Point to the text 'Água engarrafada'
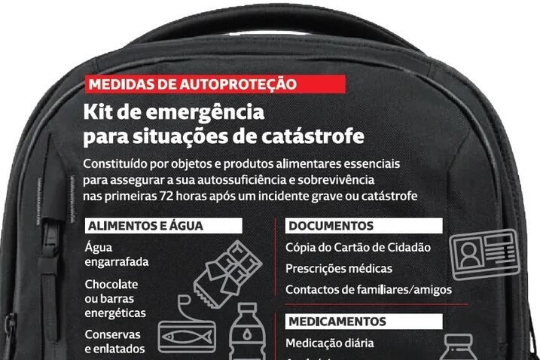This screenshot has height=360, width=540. [116, 255]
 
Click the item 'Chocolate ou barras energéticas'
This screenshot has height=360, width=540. [115, 298]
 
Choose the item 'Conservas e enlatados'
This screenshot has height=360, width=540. [115, 341]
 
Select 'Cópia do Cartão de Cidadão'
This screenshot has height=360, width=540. [357, 247]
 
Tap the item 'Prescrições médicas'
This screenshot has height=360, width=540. [338, 268]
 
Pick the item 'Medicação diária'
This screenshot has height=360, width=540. [329, 343]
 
